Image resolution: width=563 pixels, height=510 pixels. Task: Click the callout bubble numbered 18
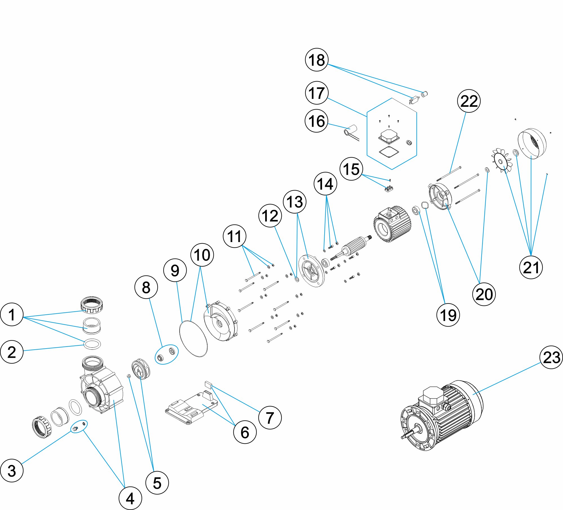pyautogui.click(x=317, y=60)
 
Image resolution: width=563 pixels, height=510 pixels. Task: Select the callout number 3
pyautogui.click(x=12, y=471)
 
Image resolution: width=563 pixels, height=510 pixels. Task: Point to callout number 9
pyautogui.click(x=175, y=270)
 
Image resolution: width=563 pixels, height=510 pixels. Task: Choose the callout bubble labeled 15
pyautogui.click(x=351, y=169)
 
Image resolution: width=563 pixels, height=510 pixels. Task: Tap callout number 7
pyautogui.click(x=270, y=418)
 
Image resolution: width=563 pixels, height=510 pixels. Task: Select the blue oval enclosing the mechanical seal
pyautogui.click(x=167, y=354)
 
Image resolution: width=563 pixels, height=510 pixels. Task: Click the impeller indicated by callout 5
pyautogui.click(x=140, y=369)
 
